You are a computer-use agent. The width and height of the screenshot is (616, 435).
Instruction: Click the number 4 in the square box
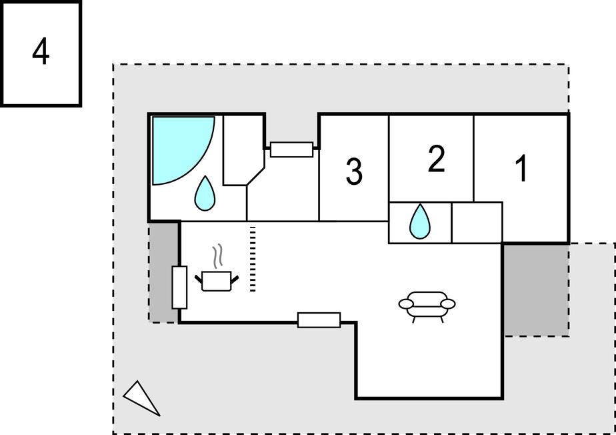point(41,51)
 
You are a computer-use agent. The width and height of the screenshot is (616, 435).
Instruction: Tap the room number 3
point(354,171)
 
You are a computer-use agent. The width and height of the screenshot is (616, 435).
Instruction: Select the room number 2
point(437,159)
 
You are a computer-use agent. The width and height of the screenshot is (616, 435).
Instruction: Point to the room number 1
point(521,168)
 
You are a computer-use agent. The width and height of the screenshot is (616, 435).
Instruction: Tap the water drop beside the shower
point(205,193)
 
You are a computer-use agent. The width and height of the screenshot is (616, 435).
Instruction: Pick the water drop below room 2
point(419,222)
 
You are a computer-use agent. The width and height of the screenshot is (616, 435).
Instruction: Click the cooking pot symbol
point(217,281)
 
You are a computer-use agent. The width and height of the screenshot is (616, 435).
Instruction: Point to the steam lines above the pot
point(218,256)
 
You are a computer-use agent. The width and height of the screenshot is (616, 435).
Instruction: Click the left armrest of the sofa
point(406,304)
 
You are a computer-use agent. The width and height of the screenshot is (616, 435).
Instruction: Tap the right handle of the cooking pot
point(235,280)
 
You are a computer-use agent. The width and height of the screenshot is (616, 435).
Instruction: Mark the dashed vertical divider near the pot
point(253,259)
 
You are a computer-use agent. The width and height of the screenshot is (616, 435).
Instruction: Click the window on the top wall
point(291,149)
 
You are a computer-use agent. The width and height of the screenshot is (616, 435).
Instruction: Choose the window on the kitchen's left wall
point(179,287)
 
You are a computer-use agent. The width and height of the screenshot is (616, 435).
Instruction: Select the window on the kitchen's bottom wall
point(319,320)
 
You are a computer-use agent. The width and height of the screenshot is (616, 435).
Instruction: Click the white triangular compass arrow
point(141,397)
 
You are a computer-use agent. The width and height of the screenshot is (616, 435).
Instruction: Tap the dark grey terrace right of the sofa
point(536,290)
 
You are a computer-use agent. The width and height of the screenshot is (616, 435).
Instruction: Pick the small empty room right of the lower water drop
point(477,223)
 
